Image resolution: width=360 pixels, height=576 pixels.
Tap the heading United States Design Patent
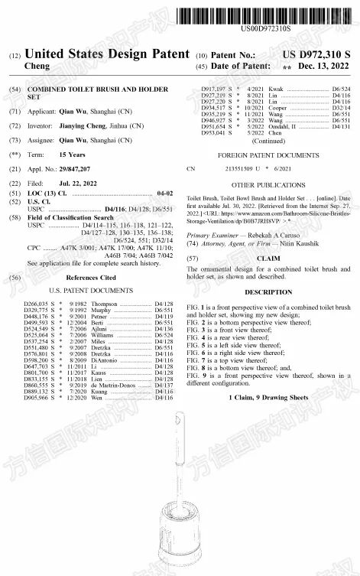106,54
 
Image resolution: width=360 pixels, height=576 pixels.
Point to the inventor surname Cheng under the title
37,67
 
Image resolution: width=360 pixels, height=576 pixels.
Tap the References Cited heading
92,278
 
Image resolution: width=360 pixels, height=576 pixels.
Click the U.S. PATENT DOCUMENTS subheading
93,292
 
